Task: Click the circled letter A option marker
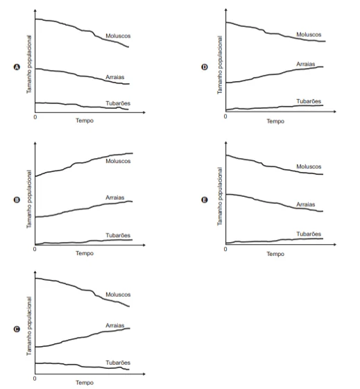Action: tap(17, 67)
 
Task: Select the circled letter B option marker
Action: tap(17, 200)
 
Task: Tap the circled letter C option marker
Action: tap(17, 329)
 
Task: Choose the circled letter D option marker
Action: tap(205, 67)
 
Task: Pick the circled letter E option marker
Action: tap(205, 200)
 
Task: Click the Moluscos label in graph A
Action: tap(118, 36)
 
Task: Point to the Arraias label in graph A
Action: tap(115, 77)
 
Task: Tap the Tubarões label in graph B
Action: tap(118, 235)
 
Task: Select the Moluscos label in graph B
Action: tap(118, 161)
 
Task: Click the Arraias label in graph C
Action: tap(115, 325)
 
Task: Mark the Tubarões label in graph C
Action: tap(118, 363)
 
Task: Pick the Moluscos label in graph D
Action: tap(309, 35)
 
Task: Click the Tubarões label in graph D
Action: tap(309, 101)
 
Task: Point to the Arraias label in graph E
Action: tap(306, 205)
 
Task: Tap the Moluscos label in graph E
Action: tap(309, 166)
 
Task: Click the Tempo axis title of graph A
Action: tap(85, 121)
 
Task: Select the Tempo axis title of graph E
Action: tap(275, 254)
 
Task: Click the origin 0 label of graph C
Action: tap(35, 379)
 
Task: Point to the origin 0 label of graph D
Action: tap(225, 116)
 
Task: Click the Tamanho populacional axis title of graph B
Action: tap(29, 199)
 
